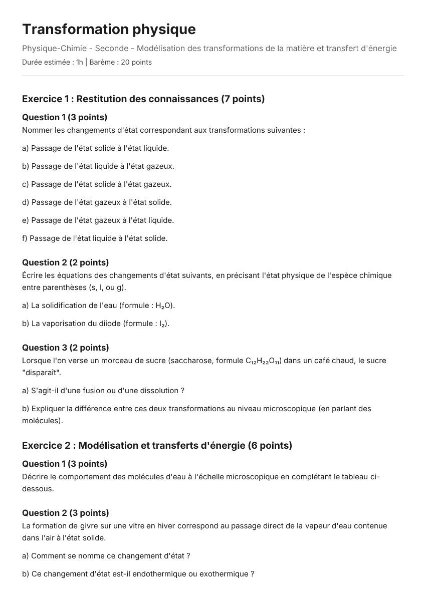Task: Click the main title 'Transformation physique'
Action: pos(109,30)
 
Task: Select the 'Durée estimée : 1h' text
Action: pos(53,63)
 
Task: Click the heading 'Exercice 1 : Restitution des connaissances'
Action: pos(143,99)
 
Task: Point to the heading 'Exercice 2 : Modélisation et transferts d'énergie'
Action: pos(157,445)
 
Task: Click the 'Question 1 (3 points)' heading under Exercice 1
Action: pos(65,117)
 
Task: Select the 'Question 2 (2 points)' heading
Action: pos(65,262)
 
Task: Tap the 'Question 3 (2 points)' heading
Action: pos(65,348)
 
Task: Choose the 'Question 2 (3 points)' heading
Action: pos(65,513)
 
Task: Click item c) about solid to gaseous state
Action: pos(97,184)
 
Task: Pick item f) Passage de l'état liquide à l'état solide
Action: pos(95,238)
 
